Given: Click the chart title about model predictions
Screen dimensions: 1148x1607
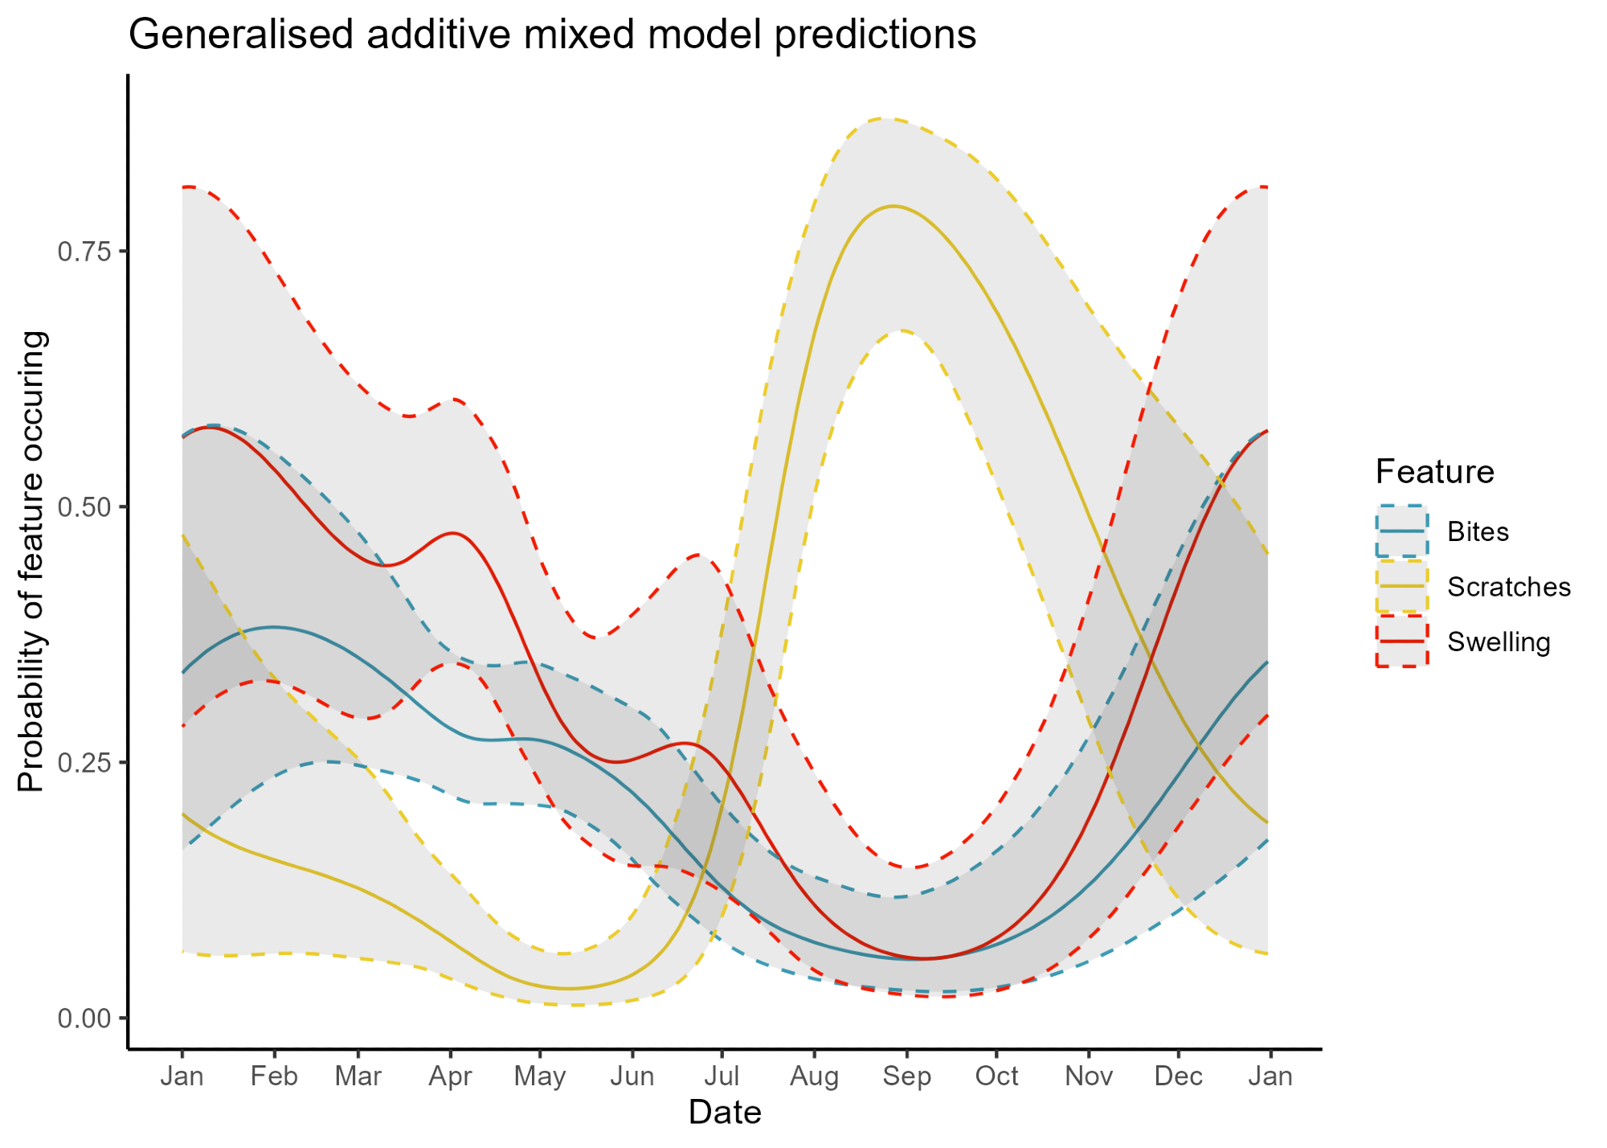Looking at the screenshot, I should (x=552, y=35).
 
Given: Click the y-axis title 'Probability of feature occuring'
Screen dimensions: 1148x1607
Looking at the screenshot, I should (x=32, y=561).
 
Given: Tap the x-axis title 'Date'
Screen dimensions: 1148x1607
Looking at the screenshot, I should (x=725, y=1113).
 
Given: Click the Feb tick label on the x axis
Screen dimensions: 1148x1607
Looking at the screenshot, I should (x=274, y=1076).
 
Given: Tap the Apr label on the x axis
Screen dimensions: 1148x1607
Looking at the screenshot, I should (x=450, y=1076).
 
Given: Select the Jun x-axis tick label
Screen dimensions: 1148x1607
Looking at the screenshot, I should (x=632, y=1076).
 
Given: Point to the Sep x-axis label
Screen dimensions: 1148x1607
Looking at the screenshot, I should (x=906, y=1076).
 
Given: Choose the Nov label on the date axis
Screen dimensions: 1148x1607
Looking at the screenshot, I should (x=1089, y=1076).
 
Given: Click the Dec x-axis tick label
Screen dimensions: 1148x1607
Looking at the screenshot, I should (x=1178, y=1076).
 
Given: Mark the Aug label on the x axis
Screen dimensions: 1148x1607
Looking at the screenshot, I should (x=814, y=1076).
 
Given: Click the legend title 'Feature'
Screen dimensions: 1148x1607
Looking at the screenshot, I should (x=1434, y=472).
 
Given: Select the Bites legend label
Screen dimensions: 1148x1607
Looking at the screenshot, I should (x=1478, y=532).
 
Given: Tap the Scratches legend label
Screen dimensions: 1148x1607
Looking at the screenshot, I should (x=1508, y=588).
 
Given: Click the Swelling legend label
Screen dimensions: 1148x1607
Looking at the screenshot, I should (x=1499, y=642).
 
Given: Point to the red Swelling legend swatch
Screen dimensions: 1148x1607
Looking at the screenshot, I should (x=1401, y=642).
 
